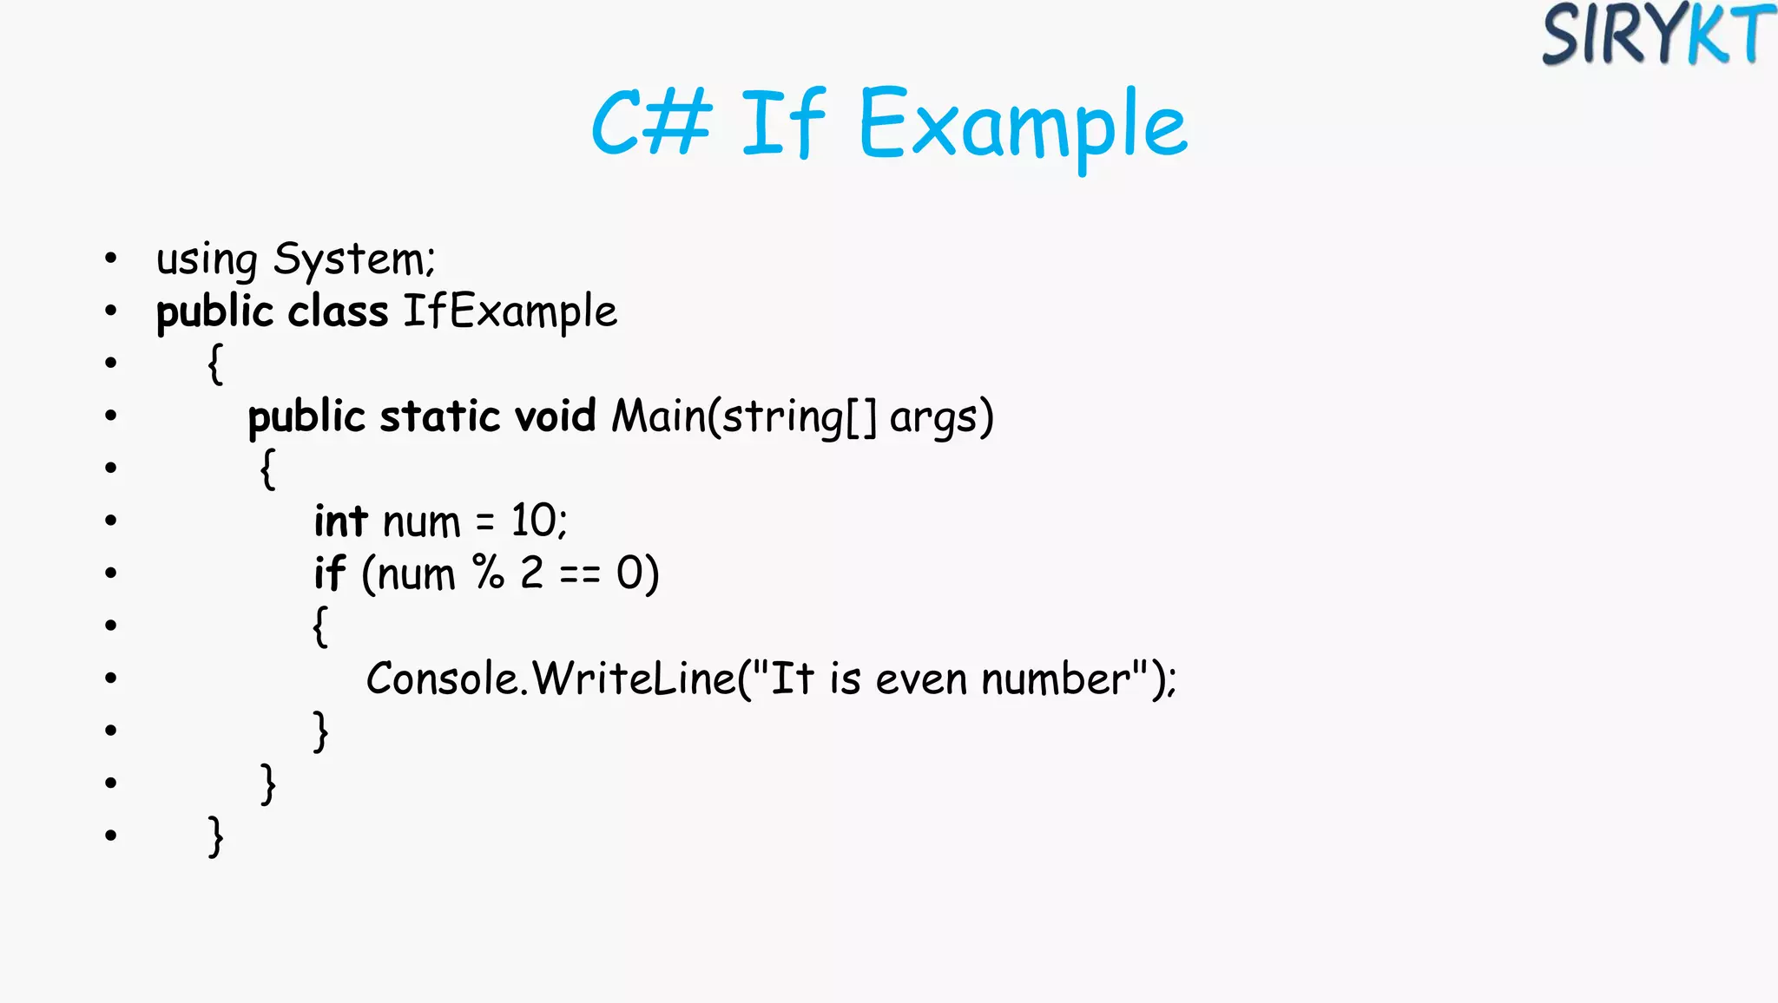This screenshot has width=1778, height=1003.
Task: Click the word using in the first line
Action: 207,259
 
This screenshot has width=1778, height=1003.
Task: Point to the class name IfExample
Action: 510,311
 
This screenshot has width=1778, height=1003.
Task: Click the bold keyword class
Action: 338,311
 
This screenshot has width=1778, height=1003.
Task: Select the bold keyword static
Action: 439,416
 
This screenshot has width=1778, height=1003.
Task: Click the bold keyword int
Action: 341,521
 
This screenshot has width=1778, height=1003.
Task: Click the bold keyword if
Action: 330,574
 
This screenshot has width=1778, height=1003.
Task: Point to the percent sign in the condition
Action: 488,573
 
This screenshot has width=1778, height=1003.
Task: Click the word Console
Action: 442,678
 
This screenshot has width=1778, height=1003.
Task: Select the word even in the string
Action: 920,678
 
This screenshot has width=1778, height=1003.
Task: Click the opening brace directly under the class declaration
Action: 215,364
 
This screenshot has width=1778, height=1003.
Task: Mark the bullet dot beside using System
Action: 110,258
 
